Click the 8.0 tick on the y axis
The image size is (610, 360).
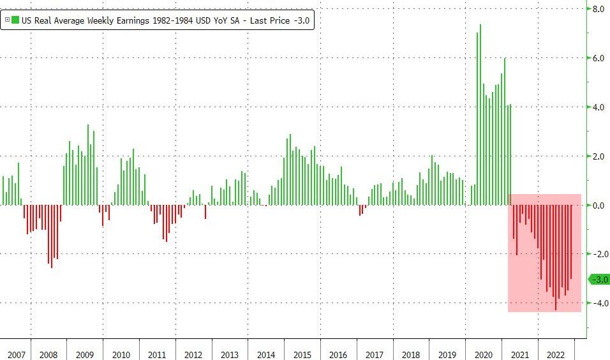(599, 10)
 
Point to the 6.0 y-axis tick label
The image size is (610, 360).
(599, 58)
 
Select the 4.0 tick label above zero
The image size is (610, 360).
(599, 107)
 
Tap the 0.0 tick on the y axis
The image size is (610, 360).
(599, 206)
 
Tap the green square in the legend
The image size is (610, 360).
(16, 20)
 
